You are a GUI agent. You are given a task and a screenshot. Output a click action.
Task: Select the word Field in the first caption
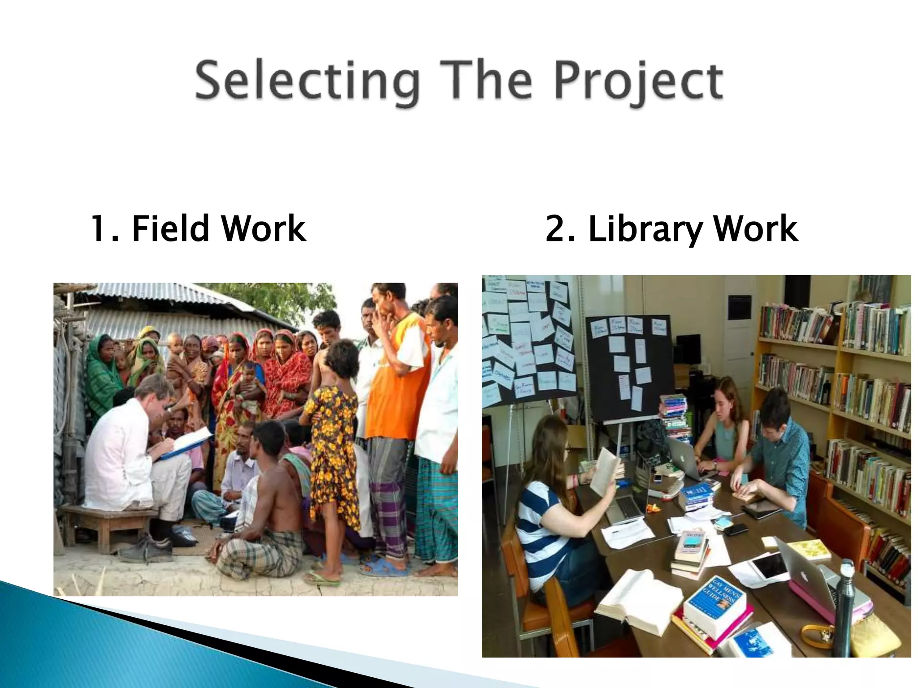(x=170, y=228)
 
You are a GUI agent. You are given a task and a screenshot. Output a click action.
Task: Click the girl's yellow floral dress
(x=334, y=452)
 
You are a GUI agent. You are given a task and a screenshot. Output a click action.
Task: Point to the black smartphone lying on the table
(x=736, y=529)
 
